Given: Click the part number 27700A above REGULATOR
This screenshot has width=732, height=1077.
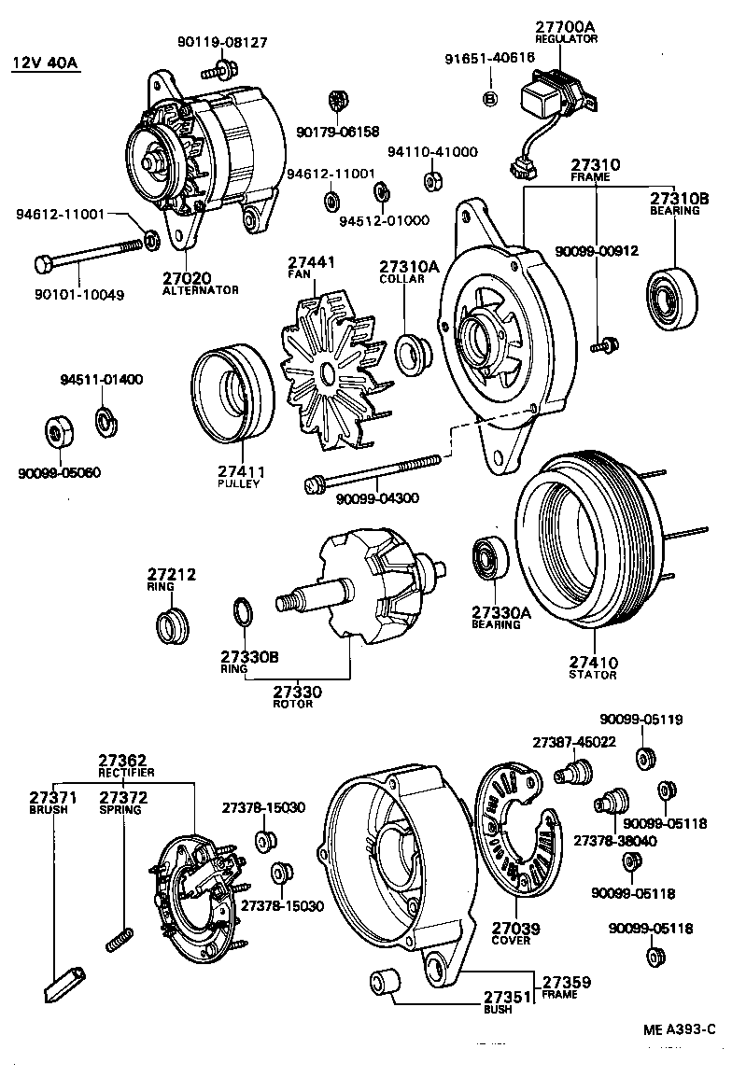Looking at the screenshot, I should point(566,27).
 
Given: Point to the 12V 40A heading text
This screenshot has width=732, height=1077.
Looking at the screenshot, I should point(45,63).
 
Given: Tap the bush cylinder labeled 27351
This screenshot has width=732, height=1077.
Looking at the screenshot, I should point(382,983).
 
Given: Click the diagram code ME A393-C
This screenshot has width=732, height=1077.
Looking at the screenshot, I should point(679,1029).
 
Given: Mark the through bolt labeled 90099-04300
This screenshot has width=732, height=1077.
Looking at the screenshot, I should point(373,472).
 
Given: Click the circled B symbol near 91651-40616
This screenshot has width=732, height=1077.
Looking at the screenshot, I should point(489,99).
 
